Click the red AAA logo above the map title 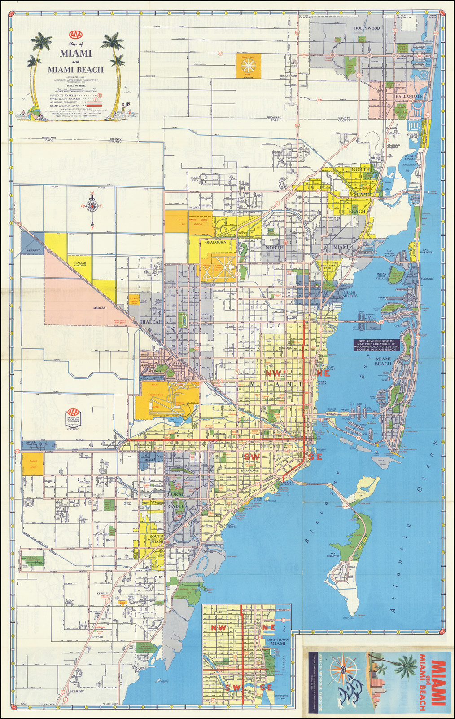(x=75, y=34)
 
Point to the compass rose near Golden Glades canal (x=92, y=206)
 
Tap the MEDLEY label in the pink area (x=99, y=308)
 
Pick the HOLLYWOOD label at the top (x=367, y=28)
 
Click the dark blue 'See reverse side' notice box (x=376, y=345)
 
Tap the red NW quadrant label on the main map (x=272, y=373)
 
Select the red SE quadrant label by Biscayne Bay (x=315, y=457)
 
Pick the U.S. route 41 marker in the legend (x=100, y=96)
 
